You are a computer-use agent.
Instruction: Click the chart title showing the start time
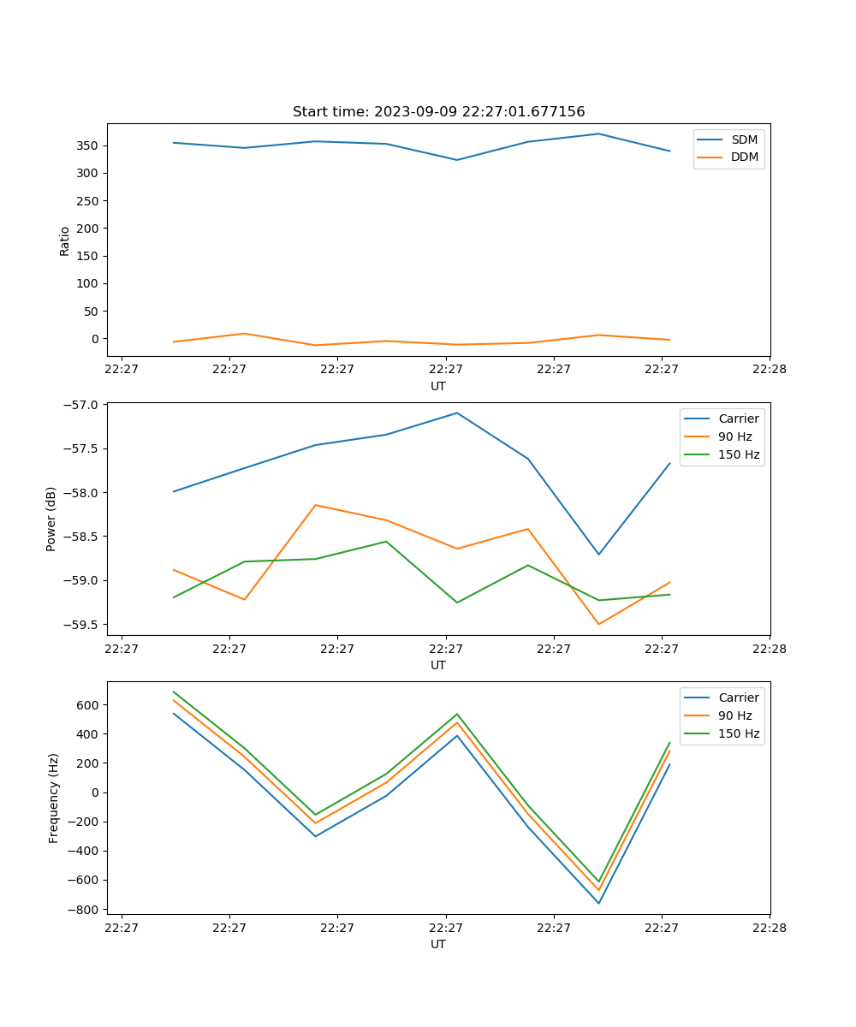pos(438,112)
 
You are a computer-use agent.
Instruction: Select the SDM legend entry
pos(744,140)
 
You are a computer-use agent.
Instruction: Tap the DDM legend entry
pos(744,157)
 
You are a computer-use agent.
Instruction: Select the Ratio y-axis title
pos(64,240)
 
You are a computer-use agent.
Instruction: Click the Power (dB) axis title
pos(51,519)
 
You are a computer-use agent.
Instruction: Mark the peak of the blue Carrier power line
pos(457,413)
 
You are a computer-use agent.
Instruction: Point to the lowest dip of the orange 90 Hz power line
pos(598,624)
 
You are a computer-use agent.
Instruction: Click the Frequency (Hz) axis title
pos(53,798)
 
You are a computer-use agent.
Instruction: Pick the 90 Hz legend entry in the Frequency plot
pos(735,715)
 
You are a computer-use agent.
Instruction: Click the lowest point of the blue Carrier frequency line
pos(598,903)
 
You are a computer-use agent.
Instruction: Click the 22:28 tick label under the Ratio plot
pos(769,370)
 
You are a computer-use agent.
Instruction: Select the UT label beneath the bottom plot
pos(438,944)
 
